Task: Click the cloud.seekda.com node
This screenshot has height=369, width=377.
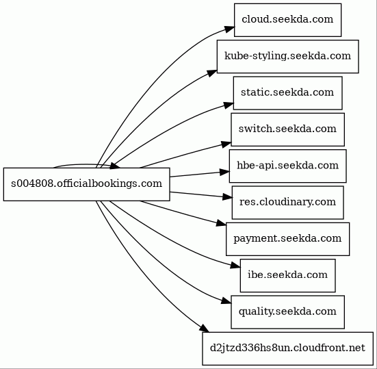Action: (287, 20)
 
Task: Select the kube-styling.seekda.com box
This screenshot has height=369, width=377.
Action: (288, 57)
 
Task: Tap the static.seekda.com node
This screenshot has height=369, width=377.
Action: (287, 93)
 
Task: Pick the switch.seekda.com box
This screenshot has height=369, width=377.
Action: (287, 129)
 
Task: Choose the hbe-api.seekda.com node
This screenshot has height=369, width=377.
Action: (287, 166)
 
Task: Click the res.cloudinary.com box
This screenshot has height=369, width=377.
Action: (287, 203)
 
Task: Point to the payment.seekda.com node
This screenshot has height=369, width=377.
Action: (287, 239)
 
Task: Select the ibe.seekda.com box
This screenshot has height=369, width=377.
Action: (287, 276)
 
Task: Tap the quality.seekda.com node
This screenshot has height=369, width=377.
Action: (287, 312)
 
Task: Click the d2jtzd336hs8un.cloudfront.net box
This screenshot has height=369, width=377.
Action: (287, 348)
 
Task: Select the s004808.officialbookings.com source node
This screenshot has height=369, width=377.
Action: (87, 184)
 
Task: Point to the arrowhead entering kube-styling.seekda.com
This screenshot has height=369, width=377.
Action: (212, 73)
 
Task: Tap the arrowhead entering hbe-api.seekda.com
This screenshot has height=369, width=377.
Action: (224, 172)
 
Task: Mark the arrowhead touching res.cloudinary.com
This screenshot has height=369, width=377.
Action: (227, 197)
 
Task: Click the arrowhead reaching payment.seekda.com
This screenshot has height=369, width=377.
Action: (221, 223)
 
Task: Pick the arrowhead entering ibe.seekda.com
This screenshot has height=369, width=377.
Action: (235, 266)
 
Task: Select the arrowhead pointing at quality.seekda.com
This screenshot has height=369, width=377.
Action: (226, 301)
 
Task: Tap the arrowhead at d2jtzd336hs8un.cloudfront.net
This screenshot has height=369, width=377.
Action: (205, 329)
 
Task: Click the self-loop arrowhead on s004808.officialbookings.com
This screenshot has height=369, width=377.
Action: (115, 166)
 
